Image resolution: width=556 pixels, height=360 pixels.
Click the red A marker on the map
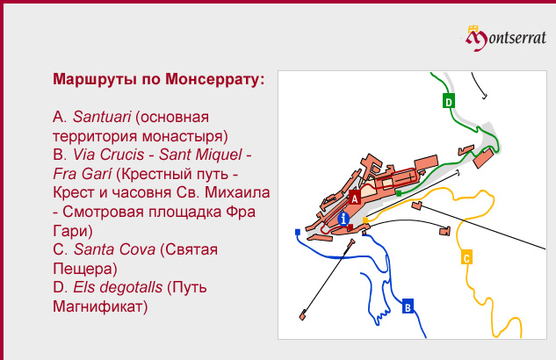(355, 198)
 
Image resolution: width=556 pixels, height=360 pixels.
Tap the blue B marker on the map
(408, 306)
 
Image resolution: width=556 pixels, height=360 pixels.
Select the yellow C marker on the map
(466, 257)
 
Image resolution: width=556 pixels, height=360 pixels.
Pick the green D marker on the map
(449, 101)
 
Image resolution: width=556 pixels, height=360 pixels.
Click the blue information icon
(343, 219)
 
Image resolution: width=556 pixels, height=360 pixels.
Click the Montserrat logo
(506, 38)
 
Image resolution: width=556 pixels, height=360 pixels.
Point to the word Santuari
(102, 117)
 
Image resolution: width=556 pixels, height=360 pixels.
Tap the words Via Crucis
(109, 155)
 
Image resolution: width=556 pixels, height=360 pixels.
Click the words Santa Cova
(114, 249)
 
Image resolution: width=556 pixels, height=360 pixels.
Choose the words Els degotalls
(118, 287)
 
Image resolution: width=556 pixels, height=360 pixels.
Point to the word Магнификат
(100, 306)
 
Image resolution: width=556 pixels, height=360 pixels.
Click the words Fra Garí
(83, 174)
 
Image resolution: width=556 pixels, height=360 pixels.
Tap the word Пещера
(85, 268)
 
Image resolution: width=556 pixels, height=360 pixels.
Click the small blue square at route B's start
(298, 232)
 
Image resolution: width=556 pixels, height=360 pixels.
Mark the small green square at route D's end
(399, 193)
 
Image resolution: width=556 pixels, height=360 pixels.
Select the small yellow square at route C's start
(365, 220)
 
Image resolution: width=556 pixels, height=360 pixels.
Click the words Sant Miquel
(200, 155)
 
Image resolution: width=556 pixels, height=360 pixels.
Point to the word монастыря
(184, 136)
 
